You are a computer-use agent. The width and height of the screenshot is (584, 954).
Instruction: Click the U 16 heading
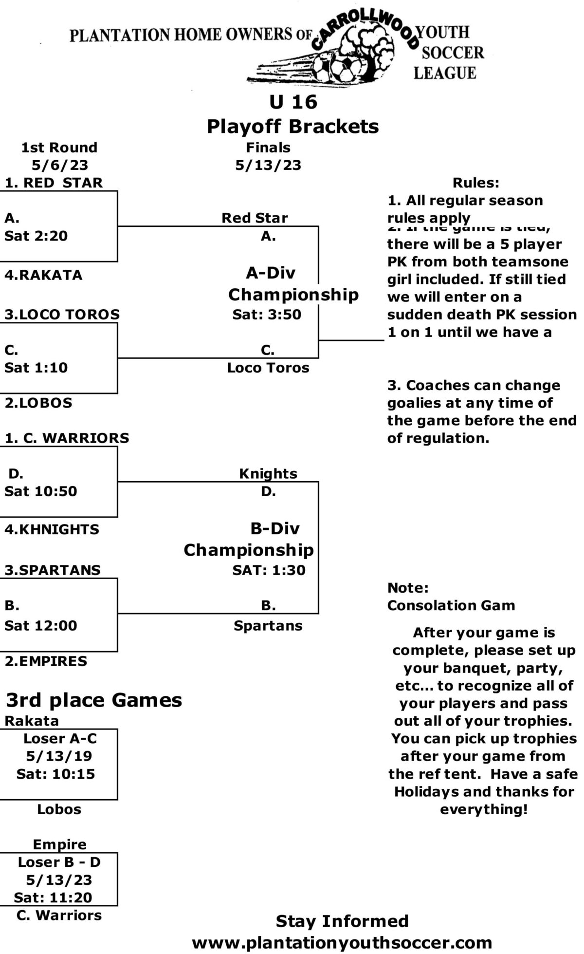[293, 102]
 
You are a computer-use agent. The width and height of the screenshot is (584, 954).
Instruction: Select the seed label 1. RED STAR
[54, 183]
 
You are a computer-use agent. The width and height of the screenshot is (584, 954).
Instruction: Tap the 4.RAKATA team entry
[43, 275]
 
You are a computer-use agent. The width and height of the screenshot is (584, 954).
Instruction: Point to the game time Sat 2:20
[36, 236]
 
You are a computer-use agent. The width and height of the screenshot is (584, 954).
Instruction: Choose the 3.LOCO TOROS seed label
[62, 315]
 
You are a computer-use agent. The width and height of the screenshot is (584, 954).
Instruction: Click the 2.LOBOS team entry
[38, 403]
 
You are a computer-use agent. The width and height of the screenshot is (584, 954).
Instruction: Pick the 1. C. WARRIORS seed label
[67, 438]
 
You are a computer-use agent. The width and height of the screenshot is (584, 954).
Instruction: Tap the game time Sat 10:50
[41, 491]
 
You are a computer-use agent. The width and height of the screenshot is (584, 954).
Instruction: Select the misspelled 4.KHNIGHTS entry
[52, 529]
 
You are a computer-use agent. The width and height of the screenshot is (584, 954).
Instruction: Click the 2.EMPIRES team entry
[46, 661]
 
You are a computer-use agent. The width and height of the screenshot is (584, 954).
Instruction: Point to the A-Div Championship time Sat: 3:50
[267, 315]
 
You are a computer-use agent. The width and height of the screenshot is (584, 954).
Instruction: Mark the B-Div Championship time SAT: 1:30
[269, 570]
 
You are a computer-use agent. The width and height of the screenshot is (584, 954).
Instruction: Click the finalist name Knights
[268, 473]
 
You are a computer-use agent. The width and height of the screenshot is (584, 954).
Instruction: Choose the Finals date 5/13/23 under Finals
[268, 165]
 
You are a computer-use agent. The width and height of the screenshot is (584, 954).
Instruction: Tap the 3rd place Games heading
[94, 700]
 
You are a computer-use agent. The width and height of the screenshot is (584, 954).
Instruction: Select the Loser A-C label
[60, 739]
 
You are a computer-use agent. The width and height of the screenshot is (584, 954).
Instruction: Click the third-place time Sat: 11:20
[53, 898]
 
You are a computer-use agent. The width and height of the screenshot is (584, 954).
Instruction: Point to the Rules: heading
[476, 183]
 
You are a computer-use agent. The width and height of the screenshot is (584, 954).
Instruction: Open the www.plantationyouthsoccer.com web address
[342, 943]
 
